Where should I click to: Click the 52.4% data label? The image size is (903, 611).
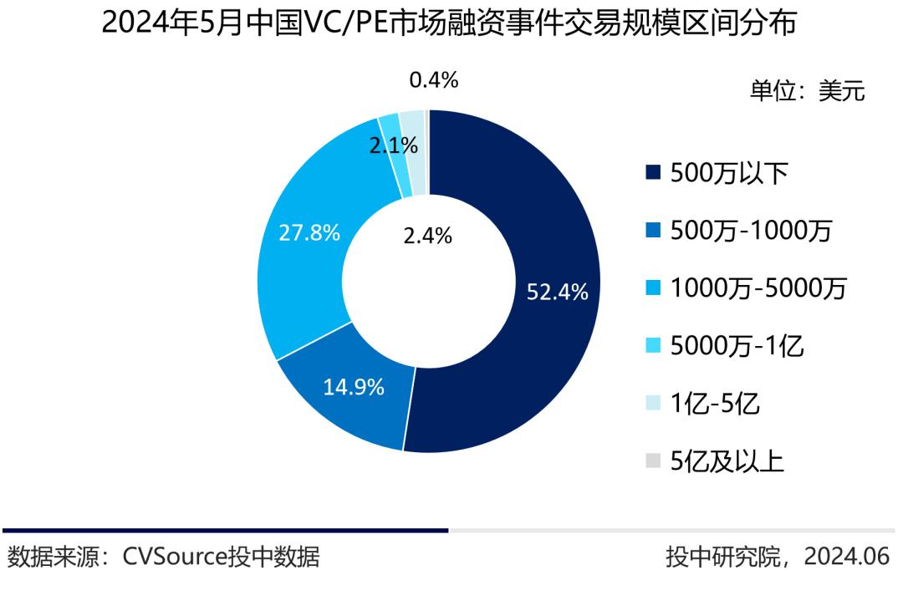click(557, 293)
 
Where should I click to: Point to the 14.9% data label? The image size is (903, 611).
click(354, 387)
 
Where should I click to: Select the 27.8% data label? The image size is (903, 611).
click(309, 233)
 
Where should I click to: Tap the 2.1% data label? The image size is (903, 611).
click(393, 145)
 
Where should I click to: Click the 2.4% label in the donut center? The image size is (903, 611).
click(427, 237)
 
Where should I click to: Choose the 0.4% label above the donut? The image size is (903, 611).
click(433, 80)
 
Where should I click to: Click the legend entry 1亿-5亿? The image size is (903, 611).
click(715, 404)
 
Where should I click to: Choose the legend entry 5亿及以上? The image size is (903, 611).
click(727, 461)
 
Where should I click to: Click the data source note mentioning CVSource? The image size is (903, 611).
click(164, 557)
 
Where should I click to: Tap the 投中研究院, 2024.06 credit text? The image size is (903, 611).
click(778, 557)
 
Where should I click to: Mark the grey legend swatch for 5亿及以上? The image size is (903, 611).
click(653, 461)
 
